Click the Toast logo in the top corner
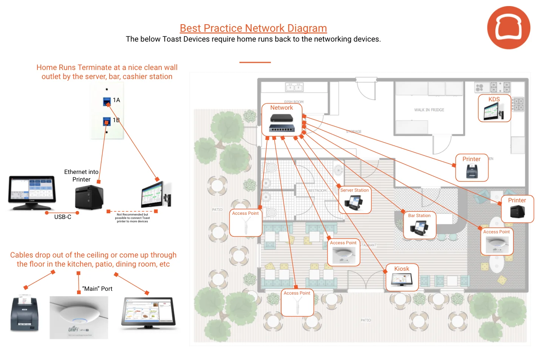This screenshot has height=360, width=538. [x=509, y=28]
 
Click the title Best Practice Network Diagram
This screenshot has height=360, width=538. [x=253, y=28]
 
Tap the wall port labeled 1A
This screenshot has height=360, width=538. [x=107, y=101]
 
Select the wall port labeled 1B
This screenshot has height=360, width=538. [x=107, y=121]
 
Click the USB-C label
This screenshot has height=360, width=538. [x=63, y=217]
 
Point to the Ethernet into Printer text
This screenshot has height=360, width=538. [x=81, y=175]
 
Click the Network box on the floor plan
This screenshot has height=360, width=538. [x=282, y=119]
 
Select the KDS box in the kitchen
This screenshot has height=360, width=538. [x=494, y=108]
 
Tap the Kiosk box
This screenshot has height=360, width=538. [x=402, y=277]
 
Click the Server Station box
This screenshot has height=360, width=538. [x=354, y=200]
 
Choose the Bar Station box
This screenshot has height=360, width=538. [x=419, y=225]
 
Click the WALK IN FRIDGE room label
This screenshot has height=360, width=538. [x=429, y=110]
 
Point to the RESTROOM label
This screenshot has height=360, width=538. [x=317, y=191]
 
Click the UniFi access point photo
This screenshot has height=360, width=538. [x=79, y=317]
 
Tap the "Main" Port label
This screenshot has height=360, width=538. [x=97, y=289]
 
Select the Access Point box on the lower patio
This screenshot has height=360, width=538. [x=297, y=303]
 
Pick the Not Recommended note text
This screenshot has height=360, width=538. [x=132, y=218]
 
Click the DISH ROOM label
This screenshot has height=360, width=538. [x=294, y=102]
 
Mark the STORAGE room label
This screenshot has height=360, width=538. [x=354, y=132]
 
